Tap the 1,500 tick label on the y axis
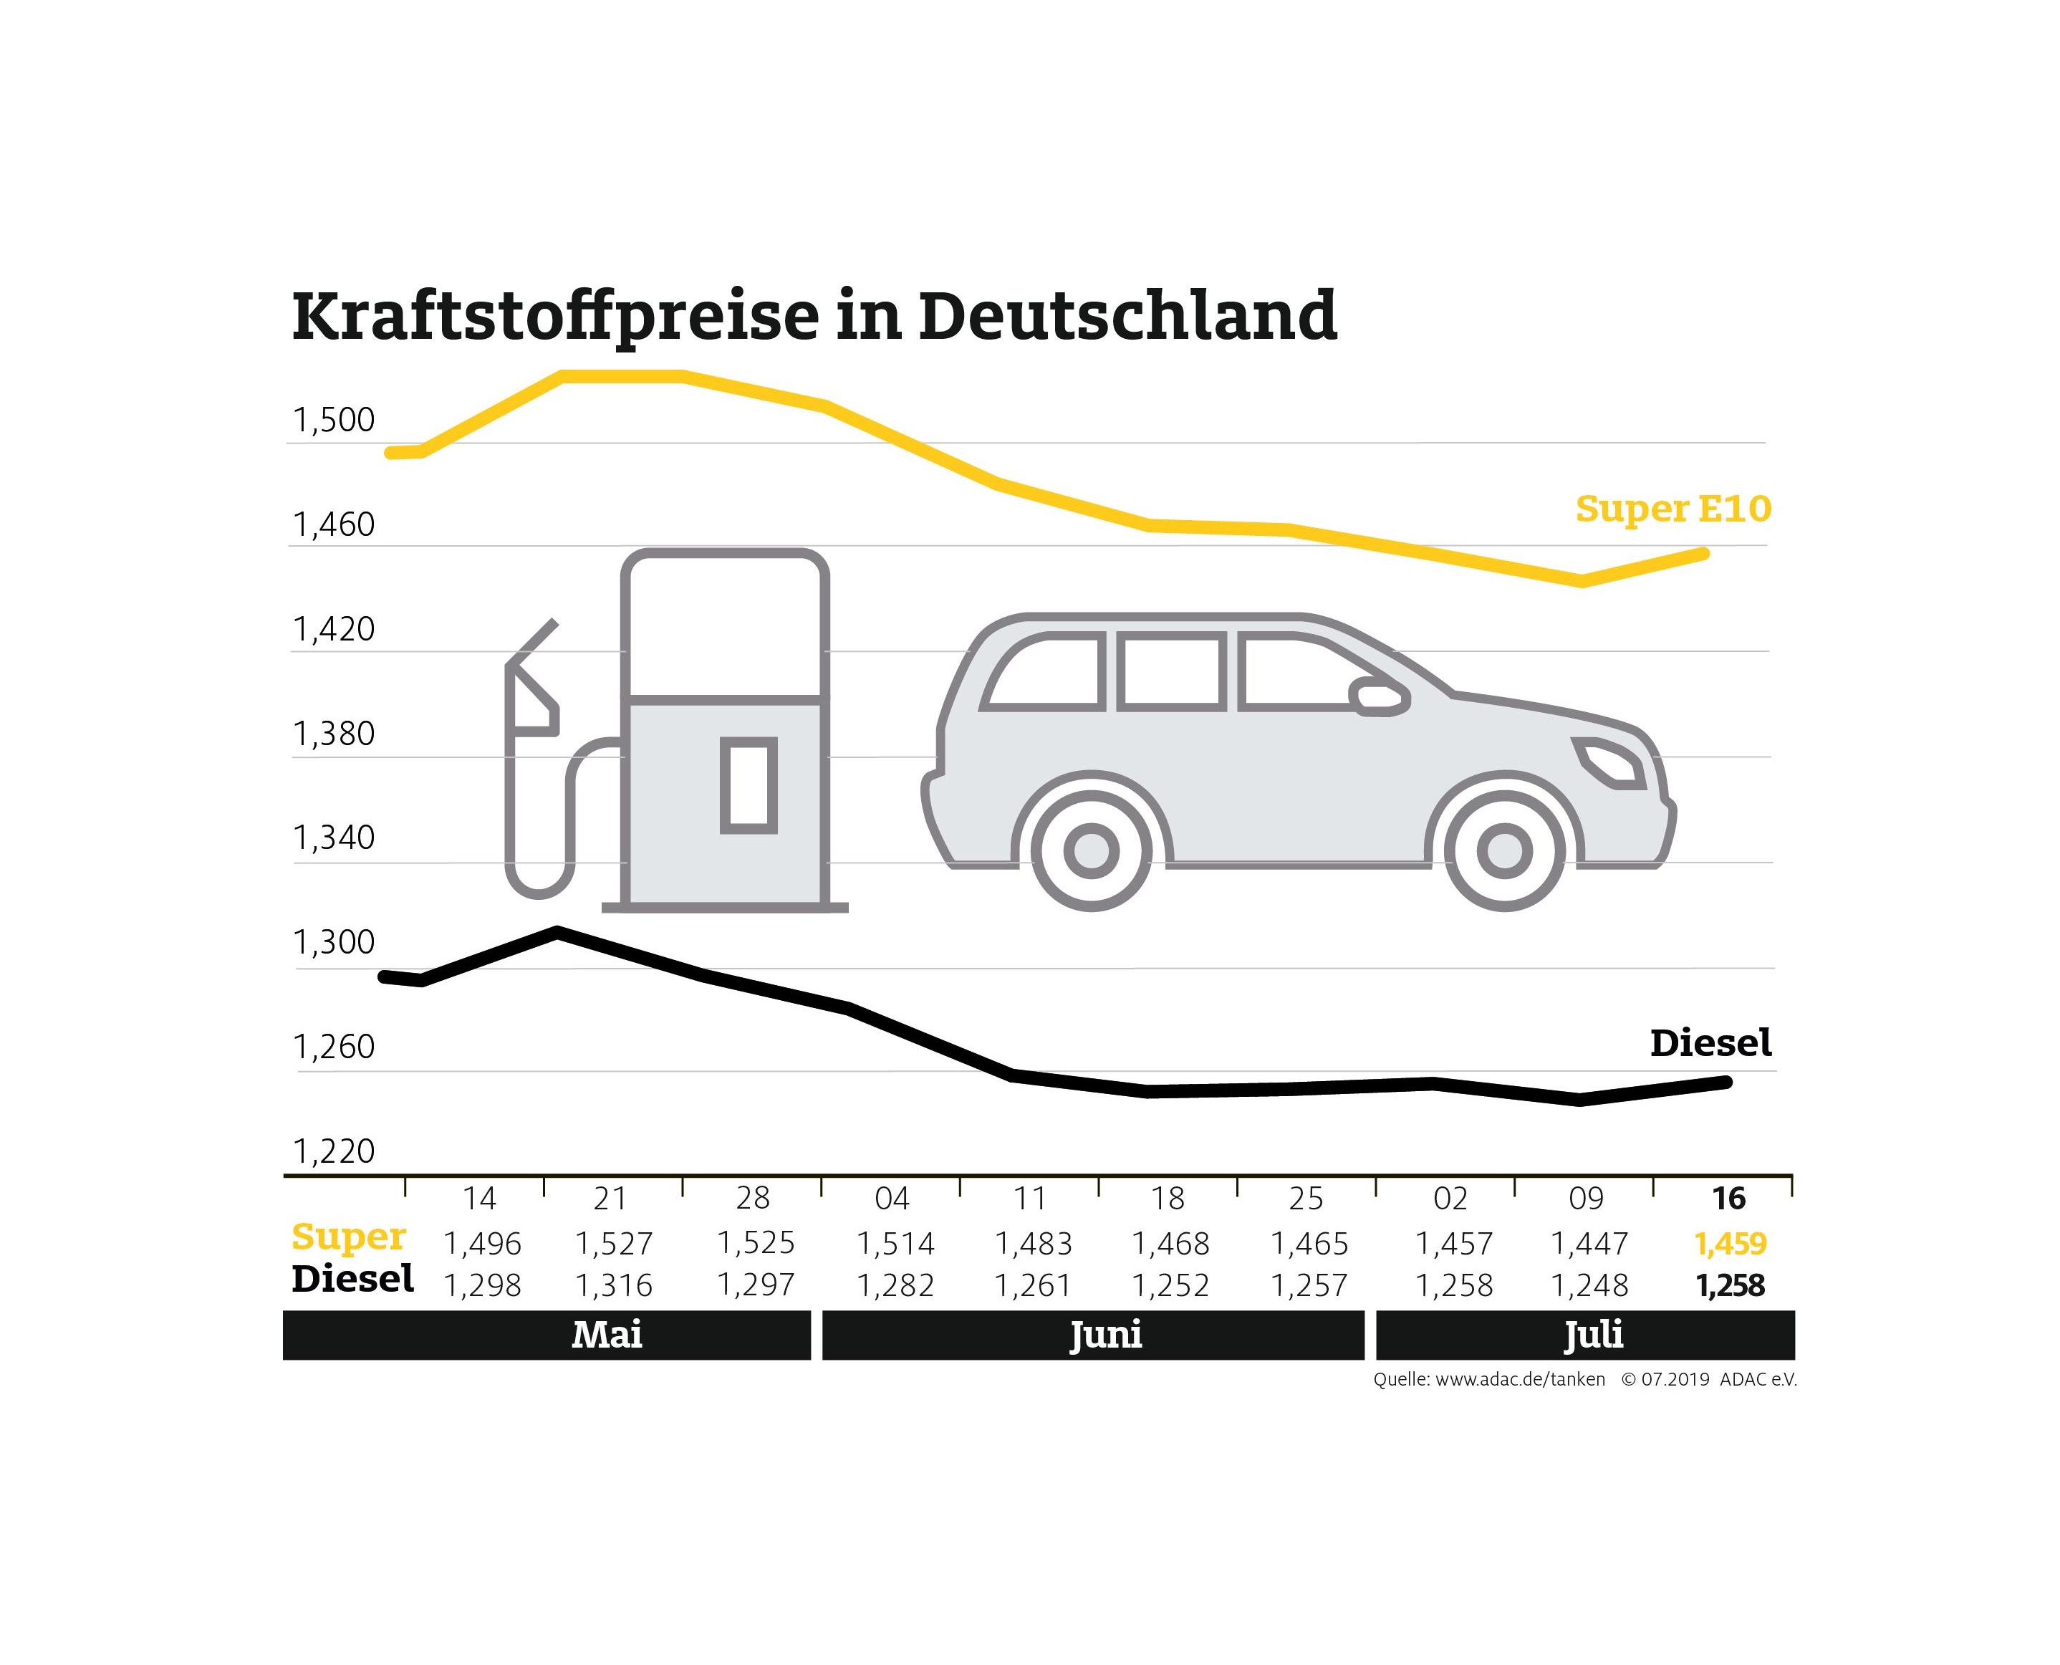(333, 420)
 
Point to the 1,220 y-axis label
(333, 1151)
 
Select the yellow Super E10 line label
(1672, 509)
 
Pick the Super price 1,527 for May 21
(614, 1244)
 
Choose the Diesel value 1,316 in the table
(614, 1285)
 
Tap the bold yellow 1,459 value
(1730, 1244)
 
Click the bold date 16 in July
(1729, 1198)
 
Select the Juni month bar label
(1106, 1334)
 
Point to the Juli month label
(1593, 1334)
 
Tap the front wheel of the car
(1503, 850)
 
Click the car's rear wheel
(1092, 850)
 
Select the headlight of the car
(1610, 762)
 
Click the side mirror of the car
(1379, 696)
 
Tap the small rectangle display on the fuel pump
(748, 785)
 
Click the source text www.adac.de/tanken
(1519, 1379)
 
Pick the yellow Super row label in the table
(348, 1237)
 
